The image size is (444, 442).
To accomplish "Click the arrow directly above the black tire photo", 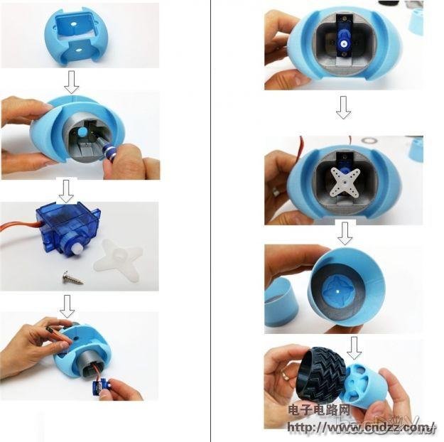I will click(x=353, y=347).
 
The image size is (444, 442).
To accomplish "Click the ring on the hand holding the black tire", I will click(x=283, y=373).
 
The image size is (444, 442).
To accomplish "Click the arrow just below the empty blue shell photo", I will click(x=71, y=82).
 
